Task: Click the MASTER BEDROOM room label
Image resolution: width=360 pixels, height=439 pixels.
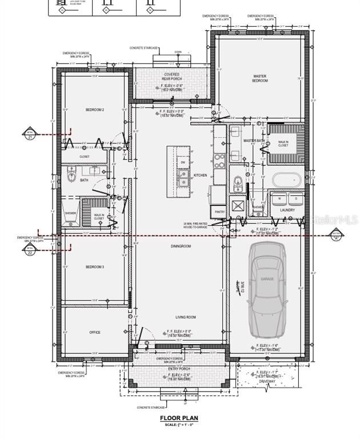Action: [260, 78]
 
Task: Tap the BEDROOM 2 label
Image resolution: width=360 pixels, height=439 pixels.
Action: [94, 110]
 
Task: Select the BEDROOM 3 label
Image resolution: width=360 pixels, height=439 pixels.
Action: [94, 267]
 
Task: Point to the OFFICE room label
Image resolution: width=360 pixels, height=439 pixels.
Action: [94, 332]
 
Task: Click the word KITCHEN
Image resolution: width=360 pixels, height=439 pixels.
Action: [200, 175]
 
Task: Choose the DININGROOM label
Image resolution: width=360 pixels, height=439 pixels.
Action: [180, 246]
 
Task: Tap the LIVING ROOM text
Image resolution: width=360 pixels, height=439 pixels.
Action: [185, 317]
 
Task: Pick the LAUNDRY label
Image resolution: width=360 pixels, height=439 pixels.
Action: [287, 210]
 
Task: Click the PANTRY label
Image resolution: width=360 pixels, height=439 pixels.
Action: [220, 212]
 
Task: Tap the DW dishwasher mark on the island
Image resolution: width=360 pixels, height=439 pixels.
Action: [183, 162]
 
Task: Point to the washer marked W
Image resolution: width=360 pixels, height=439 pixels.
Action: [279, 198]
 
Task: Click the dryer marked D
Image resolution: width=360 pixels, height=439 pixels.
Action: [295, 198]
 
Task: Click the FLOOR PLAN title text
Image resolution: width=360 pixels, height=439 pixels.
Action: [179, 418]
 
